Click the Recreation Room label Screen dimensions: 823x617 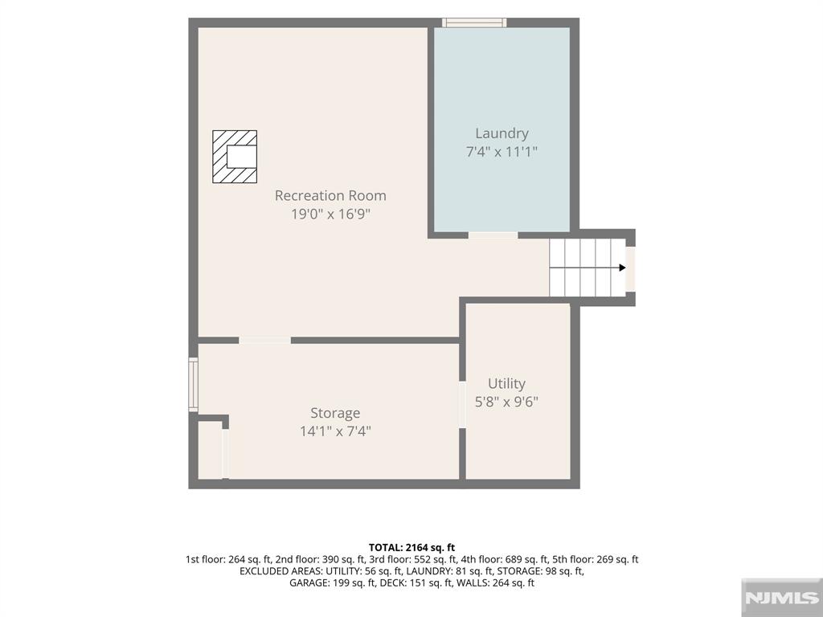pyautogui.click(x=330, y=196)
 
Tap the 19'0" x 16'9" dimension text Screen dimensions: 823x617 pyautogui.click(x=330, y=214)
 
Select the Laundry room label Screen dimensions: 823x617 pyautogui.click(x=502, y=134)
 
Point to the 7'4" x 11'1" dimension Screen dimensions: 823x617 pyautogui.click(x=502, y=152)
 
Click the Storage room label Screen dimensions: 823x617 pyautogui.click(x=335, y=414)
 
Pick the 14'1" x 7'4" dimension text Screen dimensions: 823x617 pyautogui.click(x=335, y=431)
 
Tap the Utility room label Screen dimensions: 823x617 pyautogui.click(x=506, y=384)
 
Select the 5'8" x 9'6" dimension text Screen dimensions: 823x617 pyautogui.click(x=506, y=402)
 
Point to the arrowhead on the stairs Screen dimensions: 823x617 pyautogui.click(x=623, y=268)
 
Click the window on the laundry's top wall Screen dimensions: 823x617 pyautogui.click(x=474, y=22)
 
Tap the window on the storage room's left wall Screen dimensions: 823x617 pyautogui.click(x=193, y=385)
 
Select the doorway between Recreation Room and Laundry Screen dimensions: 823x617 pyautogui.click(x=493, y=235)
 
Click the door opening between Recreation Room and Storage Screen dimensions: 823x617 pyautogui.click(x=264, y=341)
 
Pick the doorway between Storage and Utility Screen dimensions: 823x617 pyautogui.click(x=462, y=405)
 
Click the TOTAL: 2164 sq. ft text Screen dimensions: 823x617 pyautogui.click(x=411, y=548)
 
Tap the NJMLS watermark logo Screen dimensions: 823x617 pyautogui.click(x=781, y=598)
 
